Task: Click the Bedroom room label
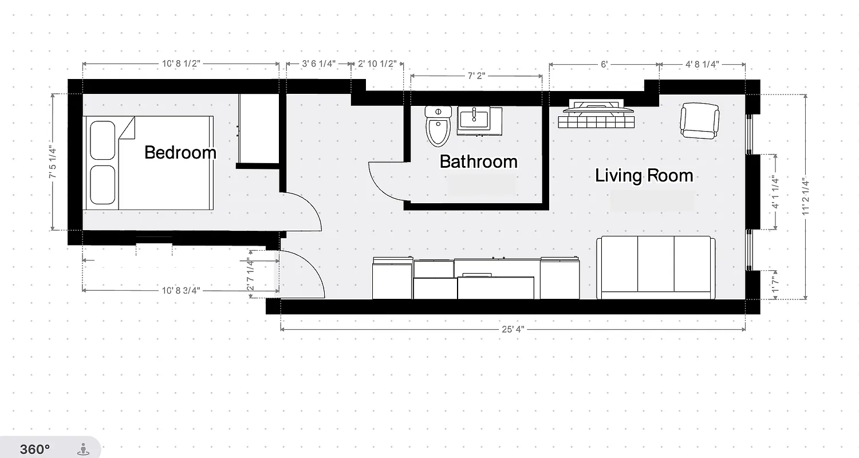(x=180, y=152)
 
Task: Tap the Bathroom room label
(x=478, y=161)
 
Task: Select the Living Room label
(x=644, y=175)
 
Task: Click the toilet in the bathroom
(x=439, y=126)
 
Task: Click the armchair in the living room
(x=699, y=120)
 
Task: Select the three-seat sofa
(x=656, y=267)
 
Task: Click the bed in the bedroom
(x=149, y=163)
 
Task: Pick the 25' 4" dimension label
(x=513, y=329)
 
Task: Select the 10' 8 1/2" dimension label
(x=180, y=64)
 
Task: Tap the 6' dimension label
(x=604, y=64)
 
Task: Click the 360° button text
(x=35, y=449)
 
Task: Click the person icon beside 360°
(x=84, y=449)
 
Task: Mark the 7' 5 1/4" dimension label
(x=52, y=162)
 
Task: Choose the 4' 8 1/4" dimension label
(x=702, y=64)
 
